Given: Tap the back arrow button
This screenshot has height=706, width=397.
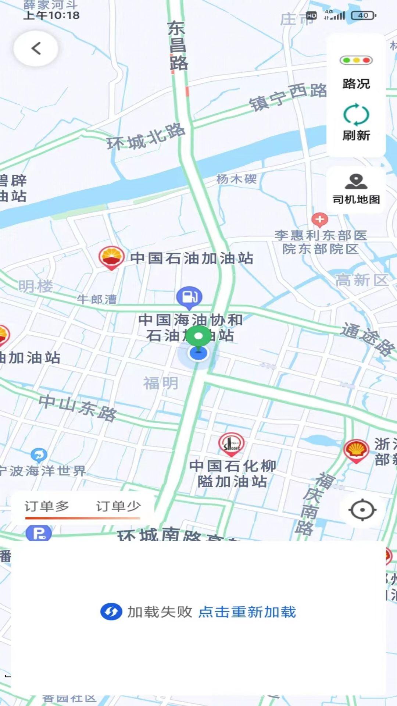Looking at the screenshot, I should pos(36,48).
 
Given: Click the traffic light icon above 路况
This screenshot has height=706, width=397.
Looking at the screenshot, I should pos(356,60).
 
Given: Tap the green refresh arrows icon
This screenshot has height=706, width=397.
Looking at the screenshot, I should pos(356,115).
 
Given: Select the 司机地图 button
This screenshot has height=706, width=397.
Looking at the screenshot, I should pos(356,189).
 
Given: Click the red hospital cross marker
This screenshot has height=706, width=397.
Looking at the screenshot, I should pos(319,220).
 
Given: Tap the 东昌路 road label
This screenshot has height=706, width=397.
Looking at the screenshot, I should pos(178,45).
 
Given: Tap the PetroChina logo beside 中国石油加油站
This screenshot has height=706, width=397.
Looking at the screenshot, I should pos(111,257).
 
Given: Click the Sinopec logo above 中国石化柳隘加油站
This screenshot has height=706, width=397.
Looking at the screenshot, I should pos(231,444).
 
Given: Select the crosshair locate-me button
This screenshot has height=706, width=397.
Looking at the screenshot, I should pos(362,510).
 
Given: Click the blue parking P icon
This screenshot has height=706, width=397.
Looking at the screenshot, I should pos(39,533).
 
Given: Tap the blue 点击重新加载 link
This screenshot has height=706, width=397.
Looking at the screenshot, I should pos(247,612).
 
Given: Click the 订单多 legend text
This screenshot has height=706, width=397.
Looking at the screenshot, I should pos(47,506).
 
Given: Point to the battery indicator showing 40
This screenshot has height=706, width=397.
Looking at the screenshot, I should pos(364,15).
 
